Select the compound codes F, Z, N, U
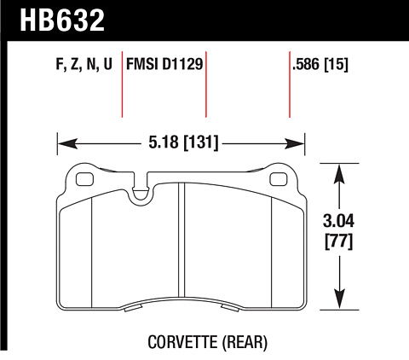pyautogui.click(x=84, y=64)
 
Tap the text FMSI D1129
pyautogui.click(x=164, y=64)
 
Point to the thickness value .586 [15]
pyautogui.click(x=320, y=64)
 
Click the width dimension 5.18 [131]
pyautogui.click(x=183, y=142)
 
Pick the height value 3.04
pyautogui.click(x=338, y=221)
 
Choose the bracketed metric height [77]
pyautogui.click(x=338, y=241)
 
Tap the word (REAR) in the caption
pyautogui.click(x=245, y=342)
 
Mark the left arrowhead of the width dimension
pyautogui.click(x=67, y=143)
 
